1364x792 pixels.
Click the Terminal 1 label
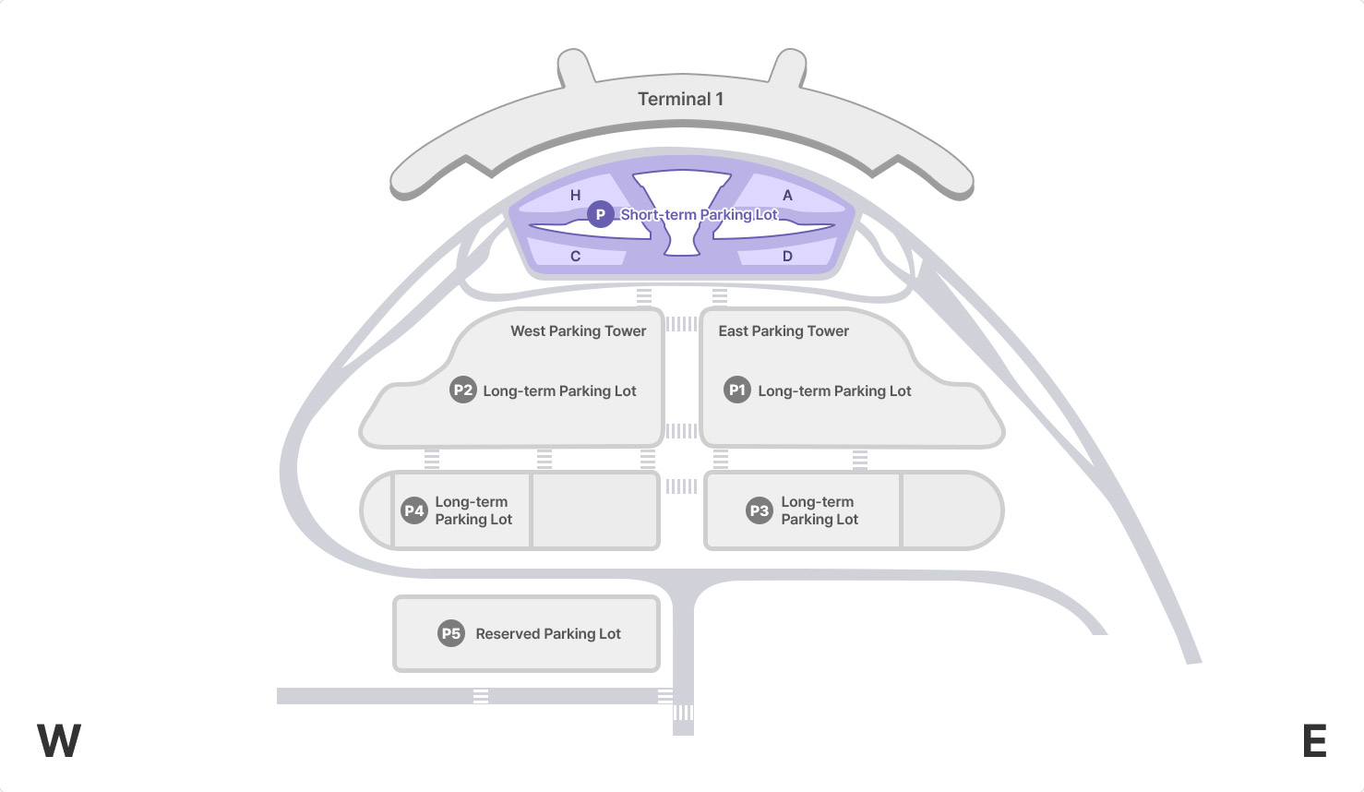tap(680, 99)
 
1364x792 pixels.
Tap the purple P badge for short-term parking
tap(600, 214)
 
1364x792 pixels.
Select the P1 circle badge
tap(736, 390)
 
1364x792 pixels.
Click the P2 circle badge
tap(462, 390)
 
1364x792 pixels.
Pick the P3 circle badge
tap(759, 510)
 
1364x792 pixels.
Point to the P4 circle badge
tap(413, 510)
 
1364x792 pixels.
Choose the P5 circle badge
tap(450, 633)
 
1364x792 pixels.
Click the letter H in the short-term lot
tap(575, 195)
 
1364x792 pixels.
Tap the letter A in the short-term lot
tap(787, 195)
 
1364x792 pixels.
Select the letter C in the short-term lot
tap(575, 256)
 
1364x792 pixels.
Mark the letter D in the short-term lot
tap(787, 256)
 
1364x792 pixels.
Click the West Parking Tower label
tap(579, 330)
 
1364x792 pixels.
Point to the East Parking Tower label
tap(784, 330)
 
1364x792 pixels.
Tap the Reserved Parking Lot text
tap(548, 633)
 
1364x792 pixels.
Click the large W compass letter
tap(59, 740)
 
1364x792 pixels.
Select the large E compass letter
tap(1314, 740)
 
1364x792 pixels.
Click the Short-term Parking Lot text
tap(699, 214)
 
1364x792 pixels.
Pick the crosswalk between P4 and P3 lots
tap(681, 486)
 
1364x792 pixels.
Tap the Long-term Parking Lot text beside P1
tap(834, 390)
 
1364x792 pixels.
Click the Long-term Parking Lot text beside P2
tap(559, 390)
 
